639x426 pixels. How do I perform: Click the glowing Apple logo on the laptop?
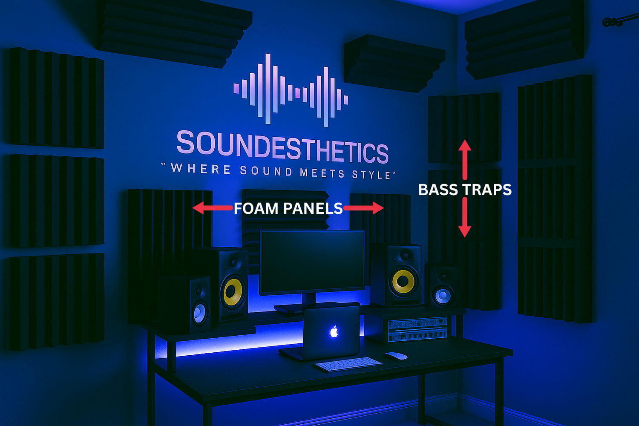point(334,332)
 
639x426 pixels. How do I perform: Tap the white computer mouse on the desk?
point(396,356)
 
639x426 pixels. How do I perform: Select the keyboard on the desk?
point(348,364)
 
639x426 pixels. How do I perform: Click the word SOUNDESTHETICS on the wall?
point(282,147)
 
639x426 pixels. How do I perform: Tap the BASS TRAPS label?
point(465,190)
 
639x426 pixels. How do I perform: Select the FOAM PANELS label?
point(288,208)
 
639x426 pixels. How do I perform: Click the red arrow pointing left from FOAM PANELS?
point(213,208)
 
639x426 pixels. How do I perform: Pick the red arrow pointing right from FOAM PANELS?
point(364,208)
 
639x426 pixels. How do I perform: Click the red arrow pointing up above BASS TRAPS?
point(465,160)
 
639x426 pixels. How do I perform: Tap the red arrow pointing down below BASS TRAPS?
point(465,217)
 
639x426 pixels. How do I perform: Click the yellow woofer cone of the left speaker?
point(233,292)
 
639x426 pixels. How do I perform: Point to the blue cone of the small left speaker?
point(200,313)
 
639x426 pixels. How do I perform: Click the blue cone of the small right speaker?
point(443,296)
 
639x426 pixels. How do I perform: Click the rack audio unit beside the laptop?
point(417,329)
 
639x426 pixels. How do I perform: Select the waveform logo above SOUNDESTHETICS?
point(291,89)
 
